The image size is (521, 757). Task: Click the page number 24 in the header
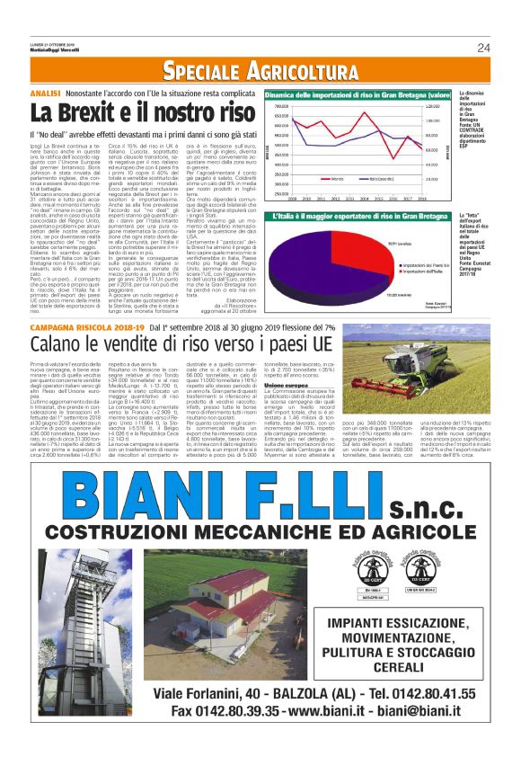click(x=483, y=48)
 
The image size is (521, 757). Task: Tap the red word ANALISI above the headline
click(x=46, y=94)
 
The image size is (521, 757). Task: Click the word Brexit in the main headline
click(x=90, y=114)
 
